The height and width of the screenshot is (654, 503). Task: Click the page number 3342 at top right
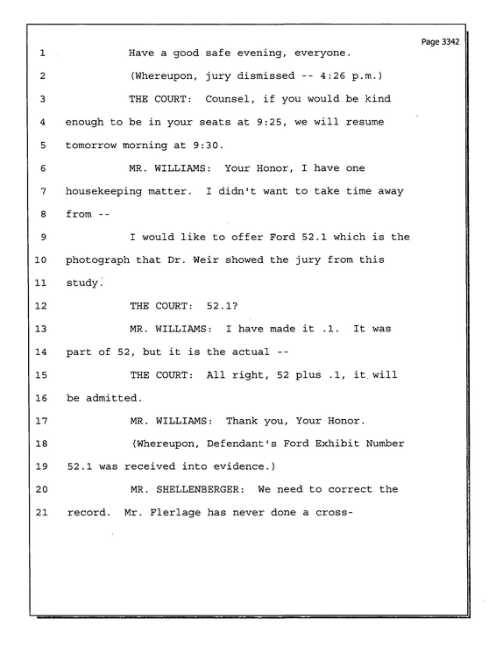[450, 42]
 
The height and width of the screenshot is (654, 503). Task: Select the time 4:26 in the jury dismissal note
[332, 76]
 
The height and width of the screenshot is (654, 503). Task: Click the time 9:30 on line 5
[208, 146]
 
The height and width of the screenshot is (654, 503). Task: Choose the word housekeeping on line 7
[104, 191]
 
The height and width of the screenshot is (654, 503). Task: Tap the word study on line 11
[82, 283]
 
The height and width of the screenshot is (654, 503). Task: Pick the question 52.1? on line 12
[222, 306]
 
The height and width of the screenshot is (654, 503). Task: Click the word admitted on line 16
[113, 398]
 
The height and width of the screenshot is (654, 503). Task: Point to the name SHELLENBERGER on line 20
[200, 489]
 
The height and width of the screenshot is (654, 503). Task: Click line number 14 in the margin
[41, 352]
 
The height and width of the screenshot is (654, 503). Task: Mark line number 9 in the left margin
[43, 238]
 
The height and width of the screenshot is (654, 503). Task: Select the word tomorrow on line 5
[91, 146]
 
